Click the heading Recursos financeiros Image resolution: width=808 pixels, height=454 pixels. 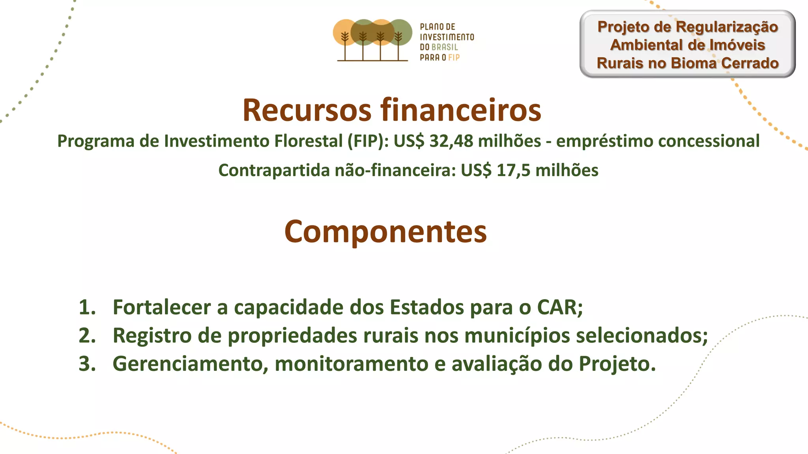(391, 110)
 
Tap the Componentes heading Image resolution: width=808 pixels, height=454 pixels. (385, 231)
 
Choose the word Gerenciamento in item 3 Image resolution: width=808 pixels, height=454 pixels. (187, 363)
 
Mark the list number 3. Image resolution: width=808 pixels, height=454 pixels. (87, 363)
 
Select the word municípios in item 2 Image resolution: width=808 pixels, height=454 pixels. (517, 336)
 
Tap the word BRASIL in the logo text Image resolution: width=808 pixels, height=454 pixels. (445, 47)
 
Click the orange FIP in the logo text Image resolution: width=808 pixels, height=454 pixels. (454, 58)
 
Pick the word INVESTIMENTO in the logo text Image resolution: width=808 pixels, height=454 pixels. (447, 37)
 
